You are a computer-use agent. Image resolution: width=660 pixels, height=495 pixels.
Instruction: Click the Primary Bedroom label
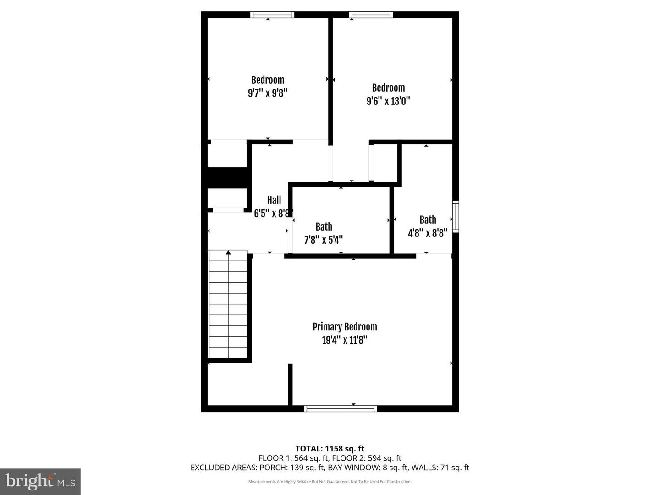pyautogui.click(x=345, y=327)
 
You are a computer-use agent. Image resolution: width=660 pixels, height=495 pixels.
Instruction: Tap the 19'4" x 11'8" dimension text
pyautogui.click(x=345, y=340)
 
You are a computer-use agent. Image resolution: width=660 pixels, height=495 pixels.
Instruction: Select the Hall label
pyautogui.click(x=274, y=200)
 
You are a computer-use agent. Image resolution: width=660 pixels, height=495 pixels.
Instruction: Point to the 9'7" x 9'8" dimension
pyautogui.click(x=268, y=93)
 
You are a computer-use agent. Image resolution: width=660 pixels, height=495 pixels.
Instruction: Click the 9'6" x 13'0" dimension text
pyautogui.click(x=388, y=101)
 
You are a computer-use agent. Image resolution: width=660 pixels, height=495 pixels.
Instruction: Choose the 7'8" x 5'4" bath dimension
pyautogui.click(x=324, y=240)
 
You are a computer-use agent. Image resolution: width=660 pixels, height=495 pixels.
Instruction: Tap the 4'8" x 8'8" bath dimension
pyautogui.click(x=428, y=233)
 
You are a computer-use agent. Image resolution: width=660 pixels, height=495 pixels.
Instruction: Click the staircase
pyautogui.click(x=228, y=305)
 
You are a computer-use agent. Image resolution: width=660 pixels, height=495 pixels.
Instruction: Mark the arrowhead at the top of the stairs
pyautogui.click(x=228, y=252)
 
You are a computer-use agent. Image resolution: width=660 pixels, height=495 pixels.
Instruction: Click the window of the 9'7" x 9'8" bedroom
pyautogui.click(x=272, y=15)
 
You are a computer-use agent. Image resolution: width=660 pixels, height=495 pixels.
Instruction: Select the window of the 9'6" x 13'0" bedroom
pyautogui.click(x=371, y=15)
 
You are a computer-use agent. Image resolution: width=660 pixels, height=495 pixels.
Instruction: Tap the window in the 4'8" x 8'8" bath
pyautogui.click(x=456, y=216)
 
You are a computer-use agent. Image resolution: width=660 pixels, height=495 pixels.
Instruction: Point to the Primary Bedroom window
pyautogui.click(x=340, y=408)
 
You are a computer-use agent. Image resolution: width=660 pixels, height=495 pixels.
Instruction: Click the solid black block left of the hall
pyautogui.click(x=228, y=177)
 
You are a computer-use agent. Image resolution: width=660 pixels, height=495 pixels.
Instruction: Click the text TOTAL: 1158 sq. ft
pyautogui.click(x=330, y=449)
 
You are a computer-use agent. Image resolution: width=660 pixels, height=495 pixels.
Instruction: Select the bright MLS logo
pyautogui.click(x=40, y=481)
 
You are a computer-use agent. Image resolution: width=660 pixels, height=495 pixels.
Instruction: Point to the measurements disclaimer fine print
pyautogui.click(x=330, y=482)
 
